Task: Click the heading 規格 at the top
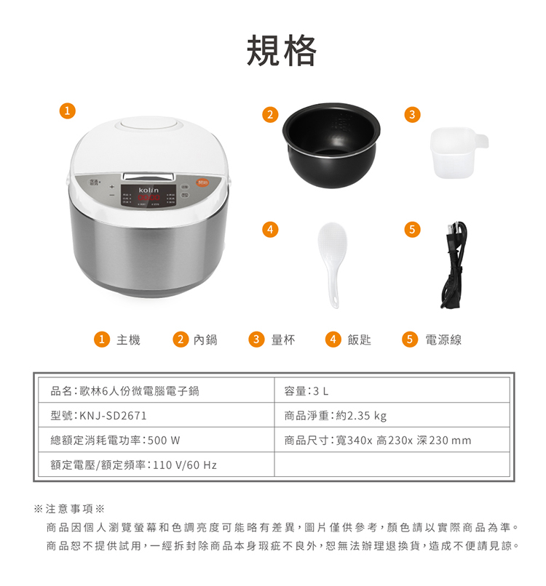click(x=282, y=50)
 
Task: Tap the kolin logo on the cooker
click(x=149, y=190)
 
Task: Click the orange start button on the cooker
click(x=202, y=182)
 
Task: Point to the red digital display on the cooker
click(x=149, y=197)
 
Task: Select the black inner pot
click(x=331, y=145)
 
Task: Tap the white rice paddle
click(x=332, y=264)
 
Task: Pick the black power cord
click(x=454, y=265)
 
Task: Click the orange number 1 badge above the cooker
click(x=68, y=111)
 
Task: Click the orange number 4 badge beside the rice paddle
click(x=270, y=229)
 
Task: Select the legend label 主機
click(x=128, y=340)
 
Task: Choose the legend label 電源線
click(x=443, y=340)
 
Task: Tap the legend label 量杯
click(x=283, y=340)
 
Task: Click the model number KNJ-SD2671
click(x=113, y=416)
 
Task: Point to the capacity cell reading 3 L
click(x=321, y=391)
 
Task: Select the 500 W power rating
click(x=164, y=441)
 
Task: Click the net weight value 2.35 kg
click(x=367, y=416)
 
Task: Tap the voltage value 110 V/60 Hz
click(x=185, y=465)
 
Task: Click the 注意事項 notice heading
click(x=69, y=509)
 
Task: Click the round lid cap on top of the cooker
click(x=149, y=127)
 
